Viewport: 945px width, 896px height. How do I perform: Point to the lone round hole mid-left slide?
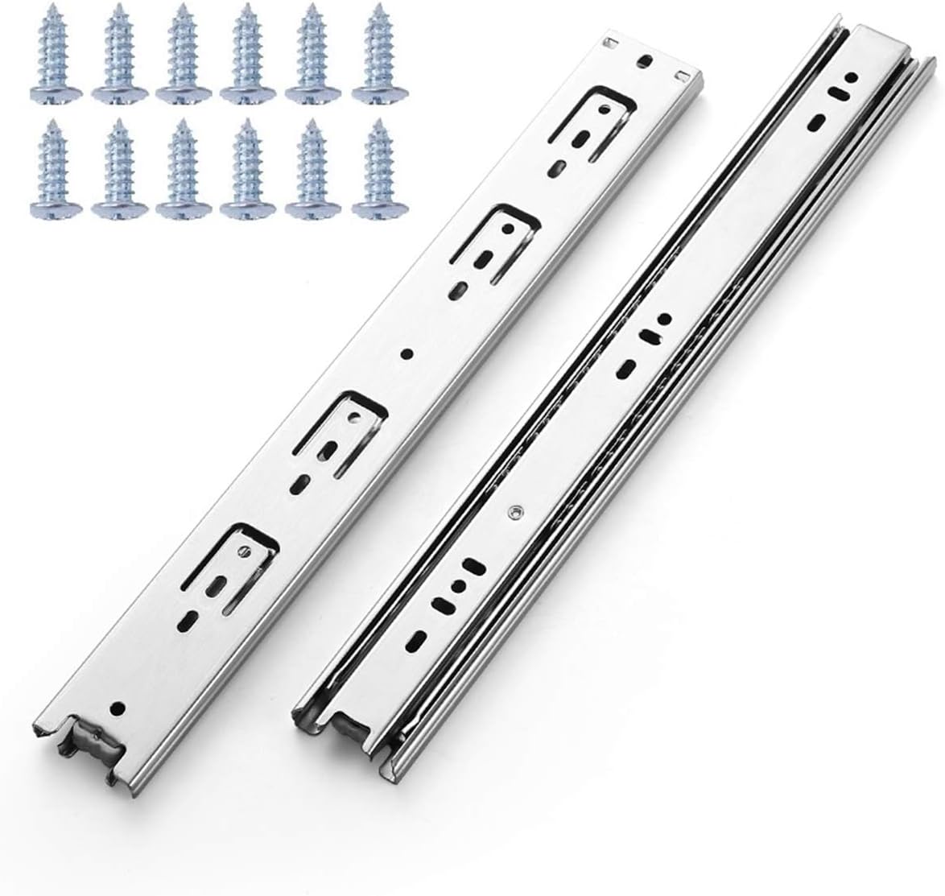coord(407,353)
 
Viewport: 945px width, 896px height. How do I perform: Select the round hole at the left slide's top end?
coord(642,60)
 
